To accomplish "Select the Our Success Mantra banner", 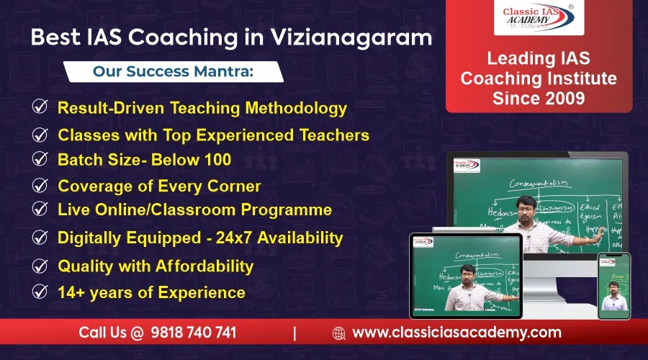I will pos(174,72).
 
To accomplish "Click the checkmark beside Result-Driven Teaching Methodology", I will pos(40,108).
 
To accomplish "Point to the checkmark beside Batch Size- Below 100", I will pos(40,159).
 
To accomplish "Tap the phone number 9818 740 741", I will pos(194,333).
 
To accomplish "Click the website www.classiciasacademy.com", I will pos(456,333).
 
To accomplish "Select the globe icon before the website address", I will pos(339,333).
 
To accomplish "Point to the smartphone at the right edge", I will pos(613,286).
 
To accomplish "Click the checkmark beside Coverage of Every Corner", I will pos(40,186).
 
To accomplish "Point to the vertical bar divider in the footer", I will pos(294,333).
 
